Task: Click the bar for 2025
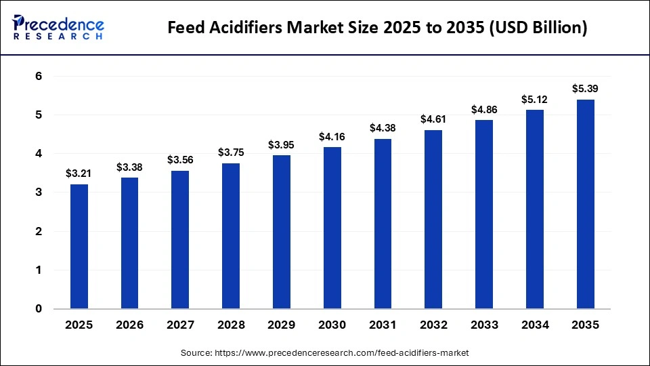[x=79, y=247]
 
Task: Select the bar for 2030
[x=332, y=228]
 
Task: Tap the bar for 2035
[x=585, y=204]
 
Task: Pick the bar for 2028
[x=231, y=236]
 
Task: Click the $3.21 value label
[x=79, y=174]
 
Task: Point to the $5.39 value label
[x=585, y=89]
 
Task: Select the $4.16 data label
[x=332, y=137]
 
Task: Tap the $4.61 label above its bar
[x=433, y=119]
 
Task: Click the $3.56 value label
[x=180, y=160]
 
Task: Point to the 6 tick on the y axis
[x=39, y=77]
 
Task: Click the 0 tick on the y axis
[x=39, y=309]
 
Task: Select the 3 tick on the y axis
[x=39, y=192]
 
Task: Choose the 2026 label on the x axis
[x=129, y=325]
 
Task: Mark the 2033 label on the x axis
[x=484, y=325]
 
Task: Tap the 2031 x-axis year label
[x=383, y=325]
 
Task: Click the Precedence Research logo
[x=58, y=28]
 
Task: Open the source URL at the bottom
[x=324, y=353]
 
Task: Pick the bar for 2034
[x=534, y=209]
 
